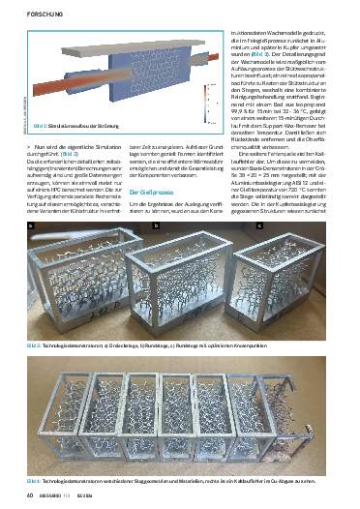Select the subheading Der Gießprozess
pyautogui.click(x=154, y=194)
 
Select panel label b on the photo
pyautogui.click(x=156, y=225)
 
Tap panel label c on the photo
pyautogui.click(x=259, y=225)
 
